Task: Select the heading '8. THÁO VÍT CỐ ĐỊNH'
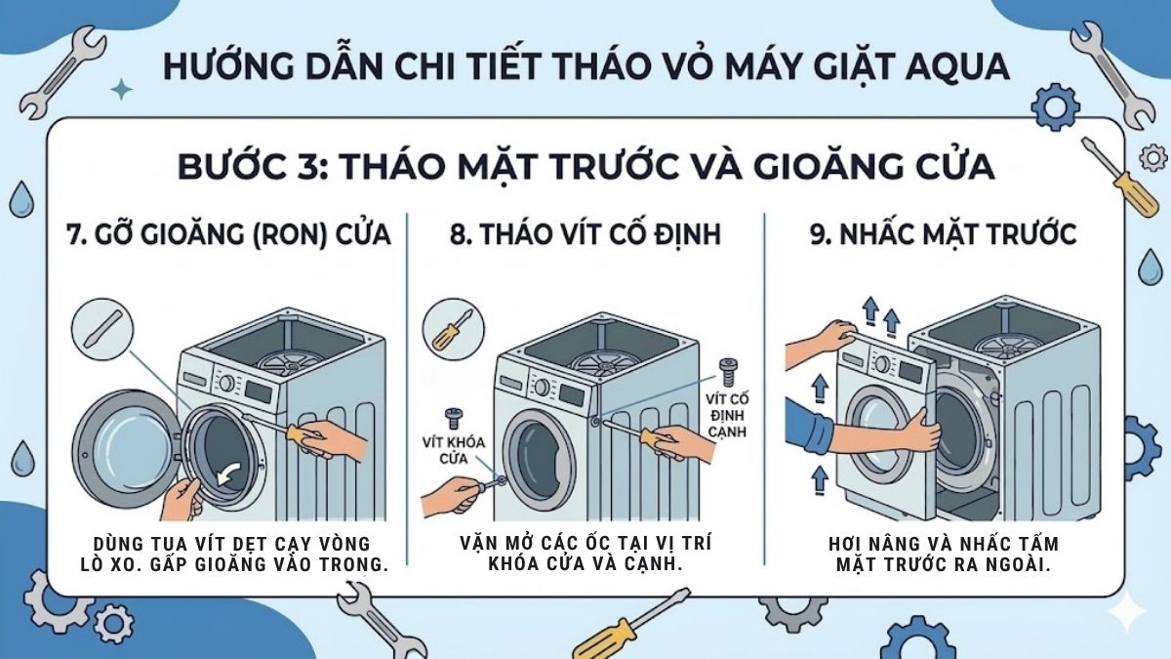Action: (x=585, y=236)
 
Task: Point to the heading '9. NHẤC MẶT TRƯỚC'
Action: (x=945, y=236)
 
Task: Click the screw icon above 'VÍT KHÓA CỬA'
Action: (x=452, y=418)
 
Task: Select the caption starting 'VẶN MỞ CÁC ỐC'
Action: (x=585, y=553)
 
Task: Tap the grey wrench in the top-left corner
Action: (x=61, y=72)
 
